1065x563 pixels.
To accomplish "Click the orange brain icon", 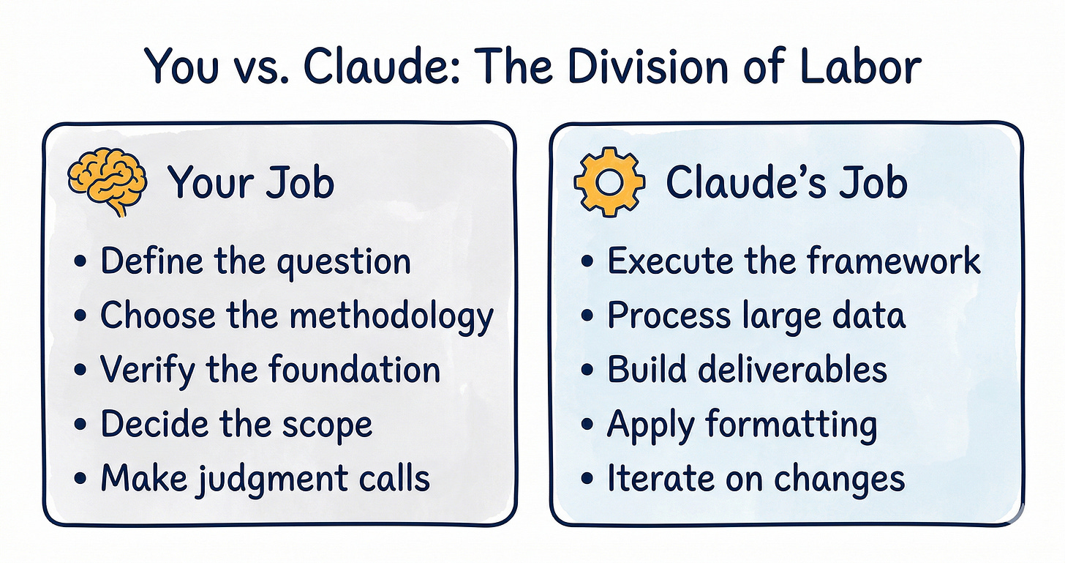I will click(x=106, y=182).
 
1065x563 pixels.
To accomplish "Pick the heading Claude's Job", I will click(x=786, y=183).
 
